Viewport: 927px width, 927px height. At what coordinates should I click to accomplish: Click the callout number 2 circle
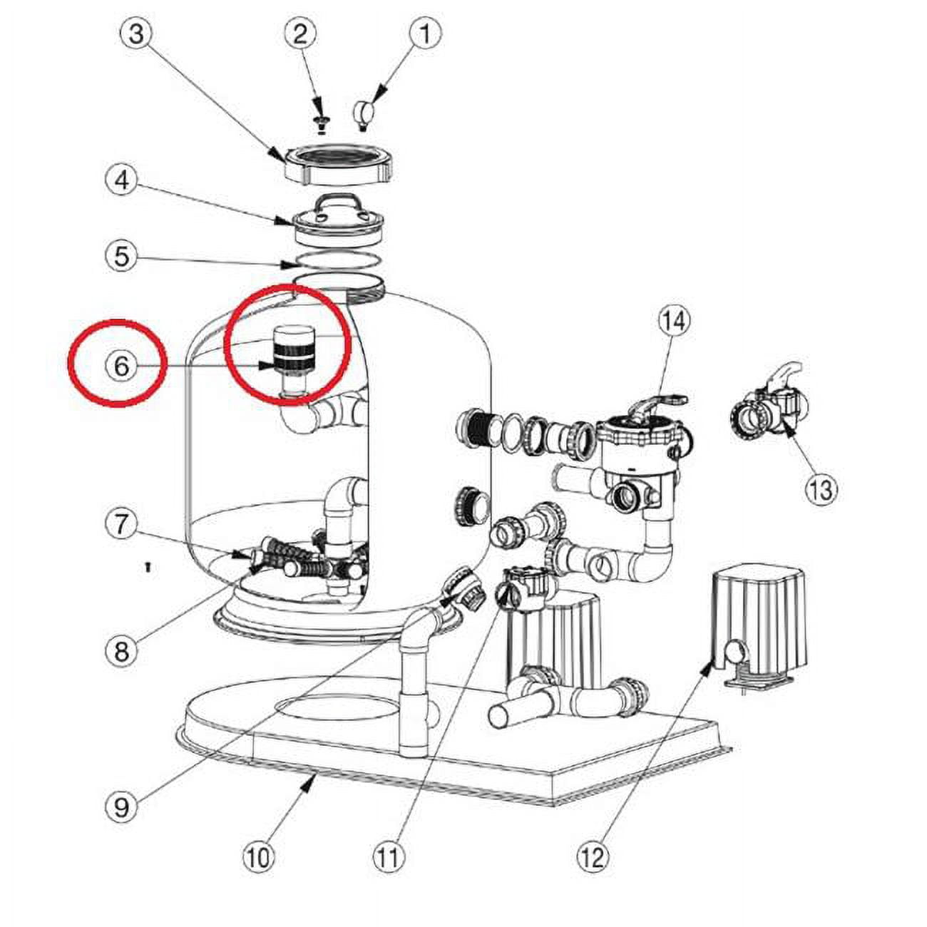point(299,34)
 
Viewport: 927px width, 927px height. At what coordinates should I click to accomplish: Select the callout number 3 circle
point(136,34)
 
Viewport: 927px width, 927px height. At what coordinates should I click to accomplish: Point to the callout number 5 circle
point(122,255)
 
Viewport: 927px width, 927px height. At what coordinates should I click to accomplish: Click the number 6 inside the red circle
point(121,366)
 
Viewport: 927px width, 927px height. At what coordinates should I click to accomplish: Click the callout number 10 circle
point(258,856)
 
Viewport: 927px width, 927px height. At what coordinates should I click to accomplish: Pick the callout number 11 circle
point(388,856)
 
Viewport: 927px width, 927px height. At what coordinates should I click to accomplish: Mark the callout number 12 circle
point(593,856)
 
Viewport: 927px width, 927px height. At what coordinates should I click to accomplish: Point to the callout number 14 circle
point(673,322)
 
